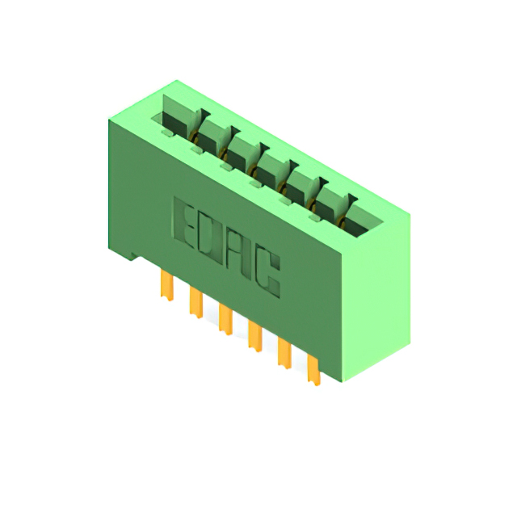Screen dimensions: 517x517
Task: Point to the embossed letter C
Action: point(267,275)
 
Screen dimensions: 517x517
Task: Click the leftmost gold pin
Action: point(167,285)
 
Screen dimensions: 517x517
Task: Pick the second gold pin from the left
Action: point(195,302)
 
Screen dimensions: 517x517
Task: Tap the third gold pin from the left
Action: point(225,320)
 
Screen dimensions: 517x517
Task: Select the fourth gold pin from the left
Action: point(255,337)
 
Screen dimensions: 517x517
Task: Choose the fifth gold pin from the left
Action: point(284,354)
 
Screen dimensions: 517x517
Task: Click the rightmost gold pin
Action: point(313,370)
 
